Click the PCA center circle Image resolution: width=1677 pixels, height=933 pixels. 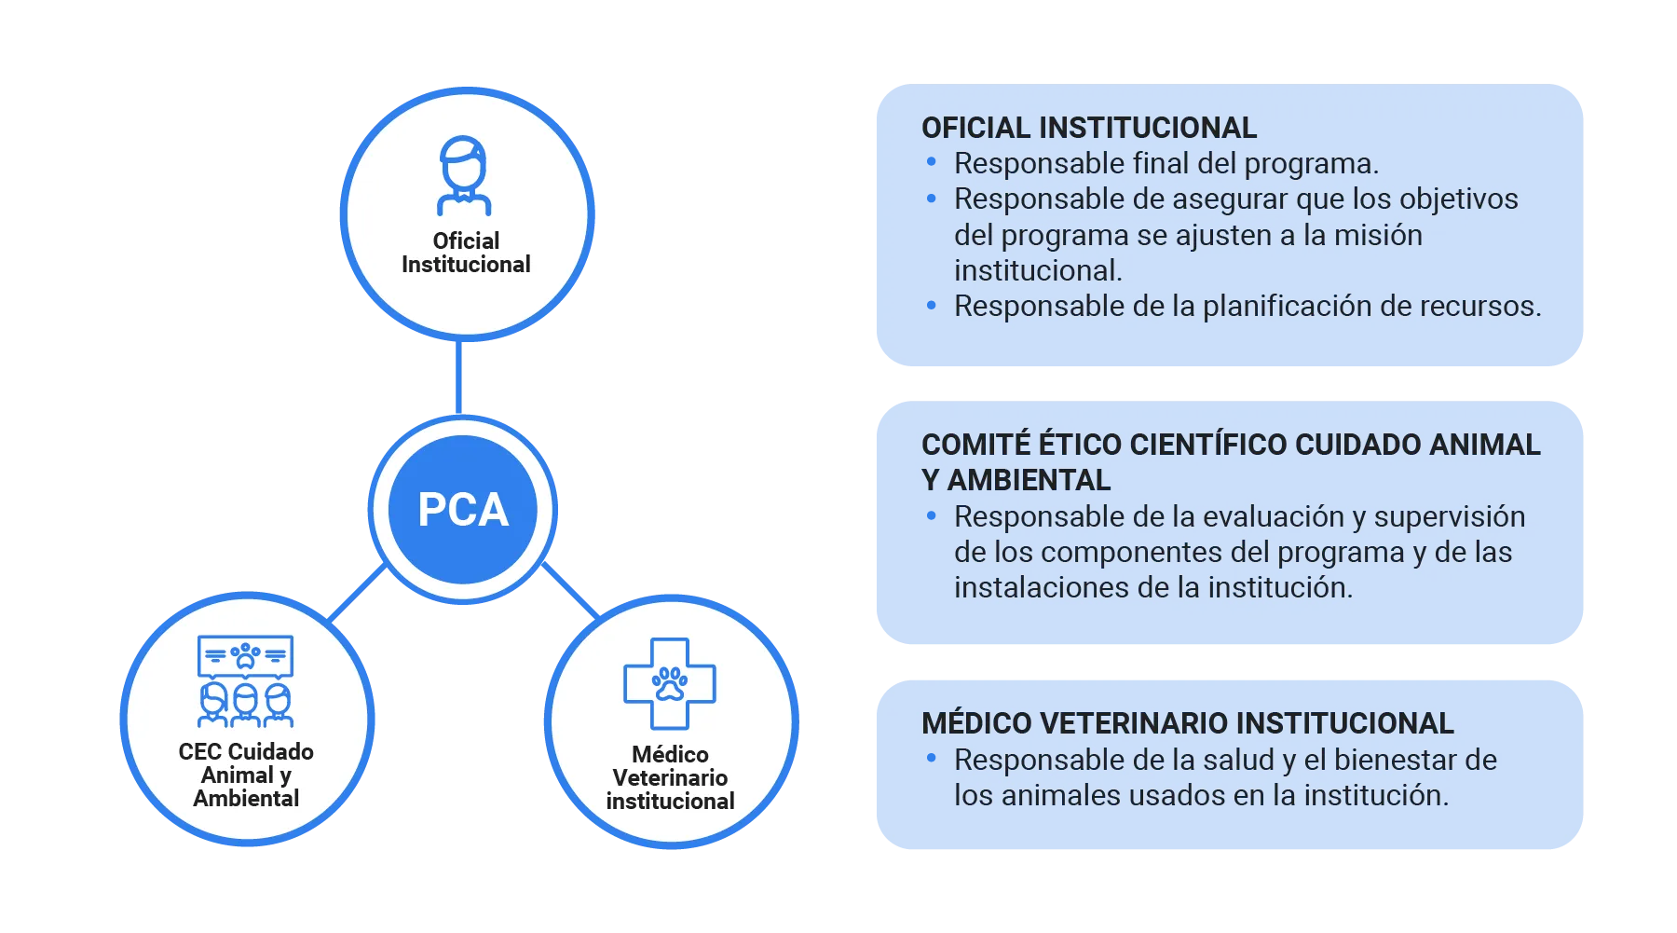click(463, 510)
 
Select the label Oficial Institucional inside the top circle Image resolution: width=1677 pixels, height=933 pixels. click(466, 253)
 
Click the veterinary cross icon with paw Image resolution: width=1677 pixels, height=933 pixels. click(669, 683)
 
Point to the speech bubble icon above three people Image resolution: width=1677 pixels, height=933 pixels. click(245, 655)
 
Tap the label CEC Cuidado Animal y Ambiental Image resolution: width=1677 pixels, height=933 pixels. click(246, 775)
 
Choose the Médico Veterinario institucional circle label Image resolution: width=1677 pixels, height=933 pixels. click(670, 777)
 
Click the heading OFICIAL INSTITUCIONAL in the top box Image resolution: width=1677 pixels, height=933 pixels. click(1088, 128)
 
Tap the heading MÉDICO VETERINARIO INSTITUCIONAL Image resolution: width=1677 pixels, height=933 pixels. click(1187, 723)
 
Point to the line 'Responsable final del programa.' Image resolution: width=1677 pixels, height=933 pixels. click(1166, 164)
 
